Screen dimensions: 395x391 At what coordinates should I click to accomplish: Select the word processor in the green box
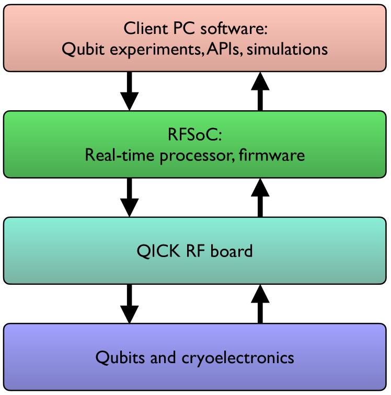tap(199, 156)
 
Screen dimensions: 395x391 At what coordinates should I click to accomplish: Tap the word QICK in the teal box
tap(157, 251)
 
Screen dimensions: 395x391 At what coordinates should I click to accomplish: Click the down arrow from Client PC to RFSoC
tap(129, 91)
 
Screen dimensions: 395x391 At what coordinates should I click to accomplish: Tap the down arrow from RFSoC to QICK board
tap(129, 197)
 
